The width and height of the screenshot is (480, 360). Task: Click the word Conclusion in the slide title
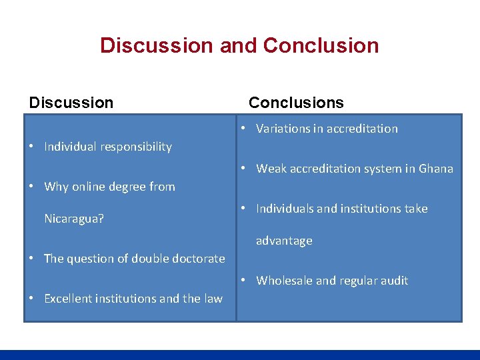321,45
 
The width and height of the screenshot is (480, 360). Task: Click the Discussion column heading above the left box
71,103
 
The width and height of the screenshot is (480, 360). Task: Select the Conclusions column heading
296,103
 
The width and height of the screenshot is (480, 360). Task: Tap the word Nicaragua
73,219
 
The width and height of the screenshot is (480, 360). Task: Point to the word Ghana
436,169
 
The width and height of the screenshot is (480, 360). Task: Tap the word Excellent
69,299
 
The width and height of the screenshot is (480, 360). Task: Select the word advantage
284,241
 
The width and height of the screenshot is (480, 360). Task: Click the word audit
393,281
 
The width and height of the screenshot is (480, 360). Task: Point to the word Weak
270,169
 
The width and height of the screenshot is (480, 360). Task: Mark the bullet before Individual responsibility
32,147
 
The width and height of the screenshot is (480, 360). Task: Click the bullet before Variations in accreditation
245,128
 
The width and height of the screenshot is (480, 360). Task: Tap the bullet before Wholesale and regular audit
245,280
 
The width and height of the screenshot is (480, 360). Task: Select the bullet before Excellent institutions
32,299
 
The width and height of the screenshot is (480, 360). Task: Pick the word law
213,299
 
